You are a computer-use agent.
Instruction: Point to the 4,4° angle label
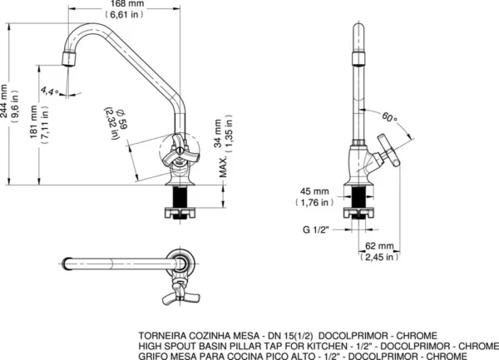coord(49,91)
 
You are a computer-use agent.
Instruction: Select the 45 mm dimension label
coord(314,192)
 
